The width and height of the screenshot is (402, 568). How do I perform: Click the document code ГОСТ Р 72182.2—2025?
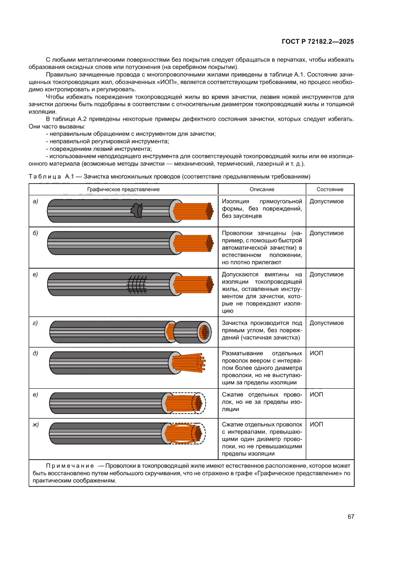pyautogui.click(x=317, y=42)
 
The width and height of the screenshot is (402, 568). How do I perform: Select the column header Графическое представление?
pyautogui.click(x=123, y=189)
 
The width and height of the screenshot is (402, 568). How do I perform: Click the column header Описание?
pyautogui.click(x=262, y=189)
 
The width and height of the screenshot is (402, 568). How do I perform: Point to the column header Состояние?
pyautogui.click(x=330, y=189)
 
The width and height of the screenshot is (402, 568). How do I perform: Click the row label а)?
pyautogui.click(x=35, y=202)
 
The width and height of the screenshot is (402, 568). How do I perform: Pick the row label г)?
pyautogui.click(x=35, y=323)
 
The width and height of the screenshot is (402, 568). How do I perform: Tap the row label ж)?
pyautogui.click(x=35, y=425)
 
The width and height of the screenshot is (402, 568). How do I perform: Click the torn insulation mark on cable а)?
pyautogui.click(x=138, y=210)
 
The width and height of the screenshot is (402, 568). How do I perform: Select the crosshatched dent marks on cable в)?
pyautogui.click(x=138, y=283)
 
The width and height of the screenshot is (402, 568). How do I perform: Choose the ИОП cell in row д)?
pyautogui.click(x=316, y=353)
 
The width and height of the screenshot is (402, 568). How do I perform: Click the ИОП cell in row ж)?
pyautogui.click(x=316, y=425)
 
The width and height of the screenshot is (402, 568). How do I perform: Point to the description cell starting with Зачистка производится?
pyautogui.click(x=262, y=330)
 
